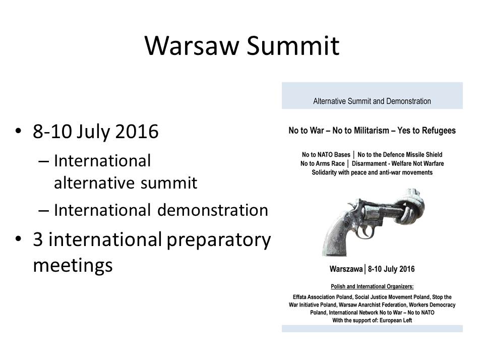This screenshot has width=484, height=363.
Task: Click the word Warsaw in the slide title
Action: point(192,46)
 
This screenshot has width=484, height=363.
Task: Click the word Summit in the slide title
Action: point(293,46)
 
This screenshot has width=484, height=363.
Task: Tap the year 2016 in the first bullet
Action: point(137,131)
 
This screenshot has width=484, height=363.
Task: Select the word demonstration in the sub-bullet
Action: point(212,210)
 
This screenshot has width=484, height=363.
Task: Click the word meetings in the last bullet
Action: point(73,266)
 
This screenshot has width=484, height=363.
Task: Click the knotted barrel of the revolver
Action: point(409,207)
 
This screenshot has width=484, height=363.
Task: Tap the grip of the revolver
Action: point(336,237)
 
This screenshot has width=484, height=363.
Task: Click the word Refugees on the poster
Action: point(442,131)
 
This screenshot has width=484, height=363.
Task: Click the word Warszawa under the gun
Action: point(346,269)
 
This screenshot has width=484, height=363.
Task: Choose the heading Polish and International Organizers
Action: point(372,286)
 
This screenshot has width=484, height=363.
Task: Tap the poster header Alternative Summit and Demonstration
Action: point(372,101)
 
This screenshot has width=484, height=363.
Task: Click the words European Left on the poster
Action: point(396,321)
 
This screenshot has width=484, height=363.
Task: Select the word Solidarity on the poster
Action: point(324,172)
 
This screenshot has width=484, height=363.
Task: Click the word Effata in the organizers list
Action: point(300,297)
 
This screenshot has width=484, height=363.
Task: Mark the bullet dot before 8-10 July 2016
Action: point(19,131)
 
